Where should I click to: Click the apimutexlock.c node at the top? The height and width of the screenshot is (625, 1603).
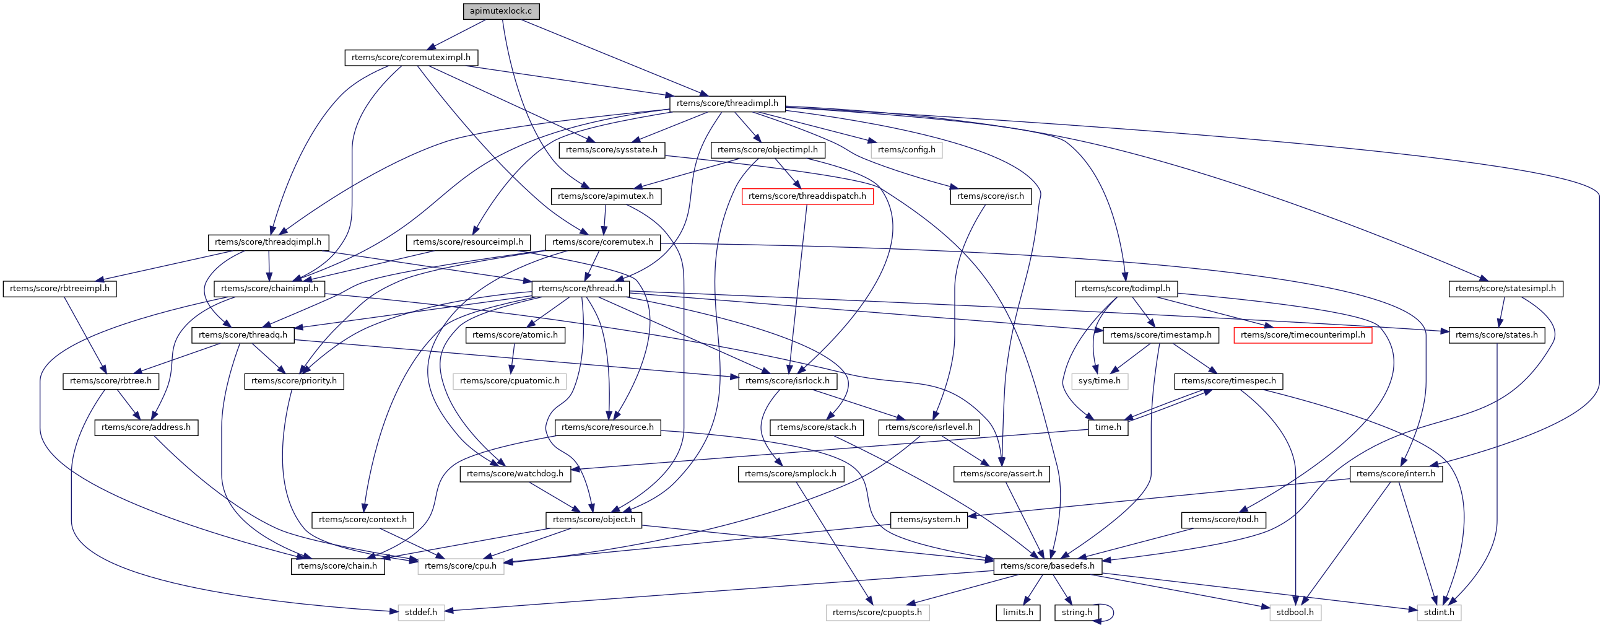click(x=501, y=11)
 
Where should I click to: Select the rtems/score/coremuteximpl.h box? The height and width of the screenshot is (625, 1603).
click(x=411, y=57)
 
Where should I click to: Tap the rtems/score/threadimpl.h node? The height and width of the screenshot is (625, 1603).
click(x=727, y=103)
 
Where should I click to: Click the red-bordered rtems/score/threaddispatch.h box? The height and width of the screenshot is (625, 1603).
click(x=807, y=196)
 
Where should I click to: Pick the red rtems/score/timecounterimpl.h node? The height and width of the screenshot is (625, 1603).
click(x=1303, y=335)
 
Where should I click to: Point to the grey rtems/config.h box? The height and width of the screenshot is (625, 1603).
click(x=906, y=150)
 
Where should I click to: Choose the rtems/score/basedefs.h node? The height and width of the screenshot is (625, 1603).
click(x=1048, y=566)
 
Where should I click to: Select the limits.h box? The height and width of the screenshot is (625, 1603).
click(x=1017, y=613)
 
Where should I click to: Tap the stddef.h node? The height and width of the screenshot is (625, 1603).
click(x=420, y=613)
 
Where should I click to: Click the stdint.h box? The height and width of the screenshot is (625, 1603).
click(x=1439, y=613)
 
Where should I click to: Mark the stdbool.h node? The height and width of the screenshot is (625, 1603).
click(x=1295, y=613)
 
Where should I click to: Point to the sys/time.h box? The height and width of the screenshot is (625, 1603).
click(x=1099, y=381)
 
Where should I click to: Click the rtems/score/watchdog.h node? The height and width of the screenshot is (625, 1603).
click(x=515, y=474)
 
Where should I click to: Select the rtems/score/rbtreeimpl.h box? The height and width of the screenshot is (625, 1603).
click(x=59, y=289)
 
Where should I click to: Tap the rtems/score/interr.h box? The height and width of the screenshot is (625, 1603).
click(x=1395, y=474)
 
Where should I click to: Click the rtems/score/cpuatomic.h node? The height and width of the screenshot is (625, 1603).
click(x=510, y=381)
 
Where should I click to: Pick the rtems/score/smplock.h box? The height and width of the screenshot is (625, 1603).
click(x=790, y=474)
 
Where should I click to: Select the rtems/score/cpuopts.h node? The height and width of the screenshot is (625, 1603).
click(x=877, y=613)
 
